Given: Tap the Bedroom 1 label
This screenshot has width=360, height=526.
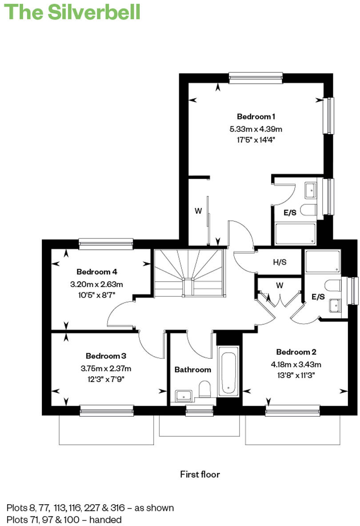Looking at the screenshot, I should point(256,117).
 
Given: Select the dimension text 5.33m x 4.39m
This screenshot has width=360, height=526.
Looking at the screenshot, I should point(256,129).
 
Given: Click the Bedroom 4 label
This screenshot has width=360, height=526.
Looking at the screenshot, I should point(96,272).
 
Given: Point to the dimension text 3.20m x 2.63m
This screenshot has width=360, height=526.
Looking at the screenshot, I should point(96,284).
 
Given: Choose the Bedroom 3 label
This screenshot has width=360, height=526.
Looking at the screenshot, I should point(106,356).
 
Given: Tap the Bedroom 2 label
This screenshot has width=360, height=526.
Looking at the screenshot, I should point(296,352).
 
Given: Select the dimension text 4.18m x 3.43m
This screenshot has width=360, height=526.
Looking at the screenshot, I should point(296,365).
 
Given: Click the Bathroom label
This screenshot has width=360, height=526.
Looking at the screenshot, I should point(192,370).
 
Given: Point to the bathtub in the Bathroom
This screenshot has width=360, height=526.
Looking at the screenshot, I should point(228,372).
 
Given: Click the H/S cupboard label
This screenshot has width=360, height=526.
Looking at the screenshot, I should point(280,262).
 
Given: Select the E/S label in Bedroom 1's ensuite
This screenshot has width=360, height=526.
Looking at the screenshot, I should point(290,213).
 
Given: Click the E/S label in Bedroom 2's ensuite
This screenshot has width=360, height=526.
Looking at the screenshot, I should point(318,297).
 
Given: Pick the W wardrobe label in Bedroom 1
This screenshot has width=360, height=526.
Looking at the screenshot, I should point(198,211).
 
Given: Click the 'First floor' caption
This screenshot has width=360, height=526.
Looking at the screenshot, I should point(200,474).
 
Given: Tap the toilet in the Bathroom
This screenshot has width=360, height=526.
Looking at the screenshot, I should point(205,388).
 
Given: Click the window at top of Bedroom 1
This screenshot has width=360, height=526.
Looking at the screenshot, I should point(256,78).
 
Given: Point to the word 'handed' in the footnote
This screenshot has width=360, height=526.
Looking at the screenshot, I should point(107,519).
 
